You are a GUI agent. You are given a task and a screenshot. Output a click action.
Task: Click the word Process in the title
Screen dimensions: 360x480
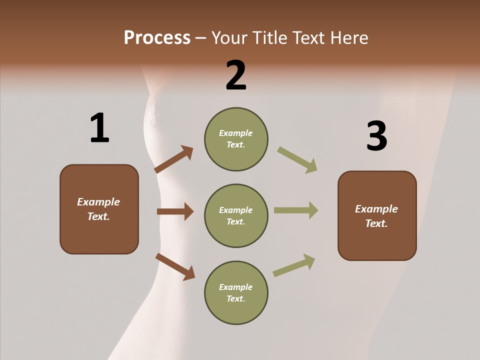point(157,38)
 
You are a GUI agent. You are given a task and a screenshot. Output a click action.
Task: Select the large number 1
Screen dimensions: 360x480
point(99,128)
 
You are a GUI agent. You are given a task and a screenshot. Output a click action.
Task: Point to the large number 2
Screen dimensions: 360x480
point(236,75)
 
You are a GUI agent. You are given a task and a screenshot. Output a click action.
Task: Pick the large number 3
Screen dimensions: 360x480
point(376,136)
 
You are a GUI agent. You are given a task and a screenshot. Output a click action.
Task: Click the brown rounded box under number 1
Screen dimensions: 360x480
point(99,209)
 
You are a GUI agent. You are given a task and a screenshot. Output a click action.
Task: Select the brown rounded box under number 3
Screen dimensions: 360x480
point(377,215)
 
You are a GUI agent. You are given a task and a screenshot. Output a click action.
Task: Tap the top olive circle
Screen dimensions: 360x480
point(236,139)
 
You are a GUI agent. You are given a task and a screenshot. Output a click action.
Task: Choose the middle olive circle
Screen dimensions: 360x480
point(236,215)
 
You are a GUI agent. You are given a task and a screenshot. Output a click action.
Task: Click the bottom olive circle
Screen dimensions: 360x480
point(236,292)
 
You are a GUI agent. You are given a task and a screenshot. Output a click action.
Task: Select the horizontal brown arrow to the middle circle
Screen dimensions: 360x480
point(175,211)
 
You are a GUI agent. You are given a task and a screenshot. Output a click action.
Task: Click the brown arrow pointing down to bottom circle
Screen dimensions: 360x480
point(175,266)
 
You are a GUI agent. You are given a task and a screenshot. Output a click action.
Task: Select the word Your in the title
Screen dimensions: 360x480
point(229,38)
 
